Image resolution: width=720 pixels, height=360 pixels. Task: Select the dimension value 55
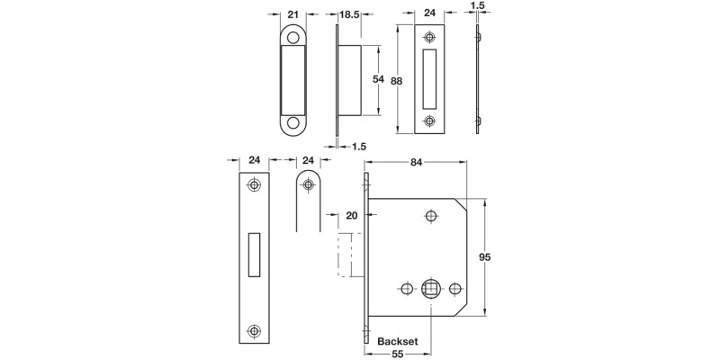(x=397, y=356)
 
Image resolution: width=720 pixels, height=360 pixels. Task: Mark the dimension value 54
(x=379, y=79)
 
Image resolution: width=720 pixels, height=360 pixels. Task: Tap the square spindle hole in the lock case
(x=430, y=289)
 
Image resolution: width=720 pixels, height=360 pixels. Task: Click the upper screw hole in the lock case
(x=430, y=216)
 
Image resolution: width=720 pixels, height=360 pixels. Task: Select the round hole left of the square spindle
(x=406, y=289)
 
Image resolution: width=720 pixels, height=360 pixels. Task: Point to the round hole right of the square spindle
(x=454, y=289)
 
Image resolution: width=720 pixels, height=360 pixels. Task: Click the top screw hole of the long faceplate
(x=255, y=185)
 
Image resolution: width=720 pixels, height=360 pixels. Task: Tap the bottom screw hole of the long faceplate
(x=255, y=331)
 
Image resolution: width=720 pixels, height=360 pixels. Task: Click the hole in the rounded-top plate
(x=308, y=185)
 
